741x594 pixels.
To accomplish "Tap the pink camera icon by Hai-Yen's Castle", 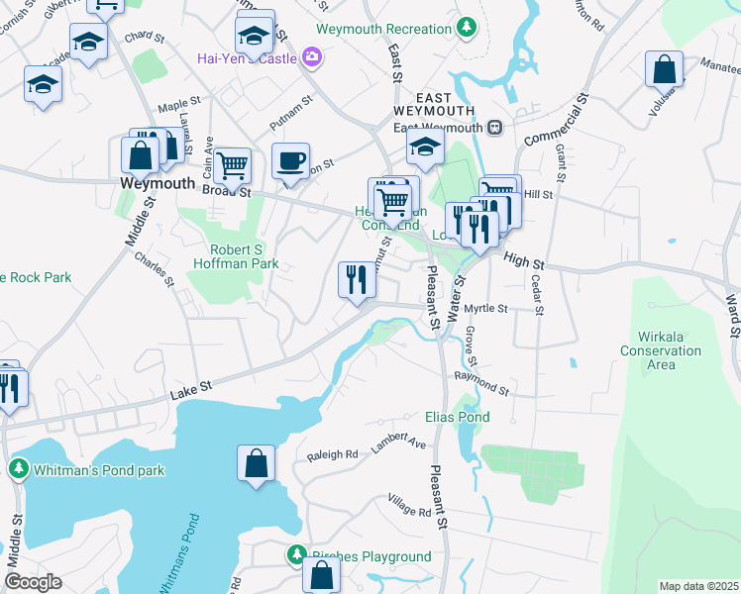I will click(314, 57).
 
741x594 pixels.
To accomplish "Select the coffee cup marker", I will click(290, 160).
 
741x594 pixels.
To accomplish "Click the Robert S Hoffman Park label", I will click(243, 256).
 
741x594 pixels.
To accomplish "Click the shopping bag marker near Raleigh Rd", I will click(256, 462).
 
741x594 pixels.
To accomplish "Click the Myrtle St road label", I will click(485, 309).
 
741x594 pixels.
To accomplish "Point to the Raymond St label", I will click(480, 384).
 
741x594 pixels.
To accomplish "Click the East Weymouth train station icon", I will click(493, 127).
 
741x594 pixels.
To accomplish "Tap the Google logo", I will click(33, 582).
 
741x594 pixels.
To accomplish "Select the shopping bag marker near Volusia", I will click(664, 69).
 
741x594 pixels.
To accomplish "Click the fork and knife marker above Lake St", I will click(357, 278).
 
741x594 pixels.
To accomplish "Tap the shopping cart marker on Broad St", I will click(232, 165).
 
